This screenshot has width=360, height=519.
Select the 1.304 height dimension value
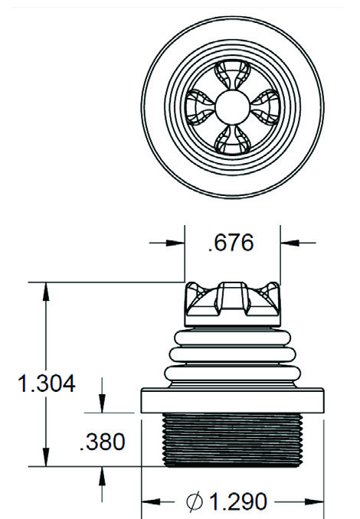tap(47, 384)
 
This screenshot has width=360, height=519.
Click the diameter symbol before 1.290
tap(194, 502)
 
